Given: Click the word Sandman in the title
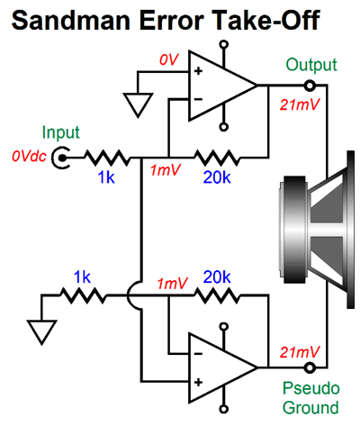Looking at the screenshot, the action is (71, 21).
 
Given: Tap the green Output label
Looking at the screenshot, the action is (311, 66).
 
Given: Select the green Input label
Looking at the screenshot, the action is (61, 132).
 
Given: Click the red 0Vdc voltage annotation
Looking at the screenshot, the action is (29, 157).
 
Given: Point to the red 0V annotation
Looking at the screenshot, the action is (169, 59).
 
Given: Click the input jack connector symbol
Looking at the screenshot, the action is (61, 158).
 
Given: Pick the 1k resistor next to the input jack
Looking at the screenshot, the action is (107, 158).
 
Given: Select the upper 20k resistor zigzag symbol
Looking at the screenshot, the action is (217, 158).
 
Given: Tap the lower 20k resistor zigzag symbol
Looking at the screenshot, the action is (217, 295).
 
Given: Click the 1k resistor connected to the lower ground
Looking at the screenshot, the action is (84, 295).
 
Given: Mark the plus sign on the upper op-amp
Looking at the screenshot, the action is (198, 71).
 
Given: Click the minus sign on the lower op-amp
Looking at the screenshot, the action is (198, 354).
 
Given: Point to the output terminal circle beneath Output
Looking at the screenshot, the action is (310, 86).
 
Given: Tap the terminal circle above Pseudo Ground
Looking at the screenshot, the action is (310, 367).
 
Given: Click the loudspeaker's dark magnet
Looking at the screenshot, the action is (295, 230).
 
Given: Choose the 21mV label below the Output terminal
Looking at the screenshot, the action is (300, 104).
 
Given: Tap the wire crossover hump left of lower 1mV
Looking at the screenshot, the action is (133, 295).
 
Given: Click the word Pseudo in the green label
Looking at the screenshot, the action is (311, 388).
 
